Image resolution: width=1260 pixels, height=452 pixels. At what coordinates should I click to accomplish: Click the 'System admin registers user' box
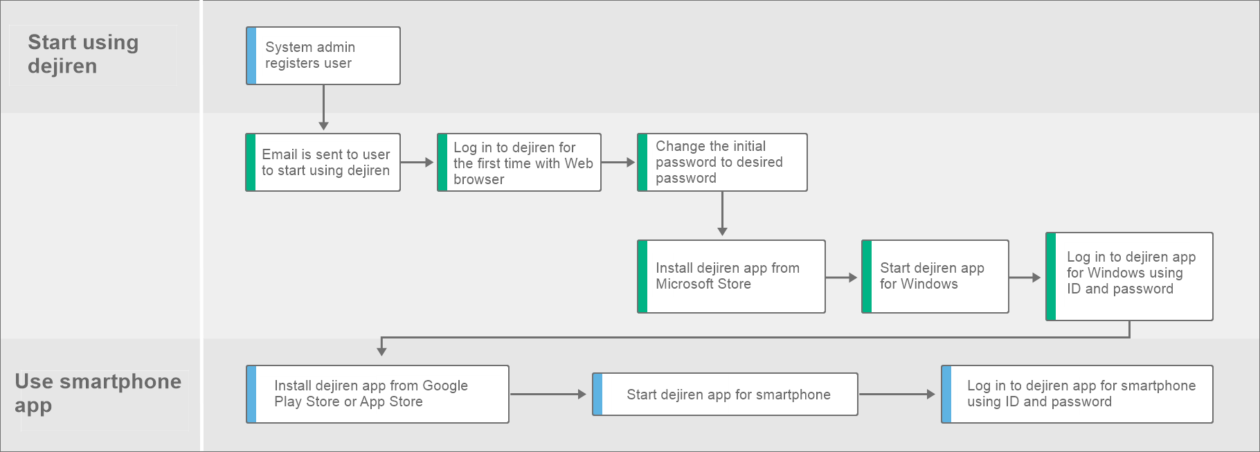click(x=323, y=55)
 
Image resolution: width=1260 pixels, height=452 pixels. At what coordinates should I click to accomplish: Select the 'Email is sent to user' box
click(x=323, y=162)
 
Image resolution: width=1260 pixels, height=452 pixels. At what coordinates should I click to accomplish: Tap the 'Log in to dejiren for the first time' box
click(x=519, y=162)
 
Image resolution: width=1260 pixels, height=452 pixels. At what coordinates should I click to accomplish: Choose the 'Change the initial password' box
click(x=722, y=162)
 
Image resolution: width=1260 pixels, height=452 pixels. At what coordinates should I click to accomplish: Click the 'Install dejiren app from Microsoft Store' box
click(x=731, y=276)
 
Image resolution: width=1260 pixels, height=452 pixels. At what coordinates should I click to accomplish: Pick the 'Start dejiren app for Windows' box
click(x=935, y=276)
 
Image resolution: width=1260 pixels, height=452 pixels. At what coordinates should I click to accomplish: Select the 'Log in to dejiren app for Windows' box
click(x=1129, y=276)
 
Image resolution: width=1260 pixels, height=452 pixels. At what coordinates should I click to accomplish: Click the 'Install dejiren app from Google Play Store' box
click(x=377, y=394)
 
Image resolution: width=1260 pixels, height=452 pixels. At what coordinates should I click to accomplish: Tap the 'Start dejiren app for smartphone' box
click(x=725, y=394)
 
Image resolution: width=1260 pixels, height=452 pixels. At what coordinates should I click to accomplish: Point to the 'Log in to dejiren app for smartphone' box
click(x=1077, y=394)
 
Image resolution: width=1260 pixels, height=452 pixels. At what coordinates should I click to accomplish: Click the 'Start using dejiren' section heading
click(x=83, y=54)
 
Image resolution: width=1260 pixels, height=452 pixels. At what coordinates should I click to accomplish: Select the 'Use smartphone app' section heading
click(x=98, y=393)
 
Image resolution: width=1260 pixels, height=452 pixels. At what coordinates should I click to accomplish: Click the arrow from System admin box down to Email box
click(x=323, y=107)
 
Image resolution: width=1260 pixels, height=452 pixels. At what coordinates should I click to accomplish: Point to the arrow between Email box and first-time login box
click(x=417, y=162)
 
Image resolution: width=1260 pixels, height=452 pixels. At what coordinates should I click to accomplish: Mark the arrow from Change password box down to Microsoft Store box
click(x=722, y=214)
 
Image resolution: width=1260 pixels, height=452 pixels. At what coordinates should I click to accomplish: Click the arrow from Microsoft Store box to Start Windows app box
click(x=842, y=278)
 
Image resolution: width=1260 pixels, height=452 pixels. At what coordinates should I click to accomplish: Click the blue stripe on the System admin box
click(x=251, y=55)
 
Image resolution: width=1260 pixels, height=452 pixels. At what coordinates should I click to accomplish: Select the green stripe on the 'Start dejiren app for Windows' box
click(x=867, y=276)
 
